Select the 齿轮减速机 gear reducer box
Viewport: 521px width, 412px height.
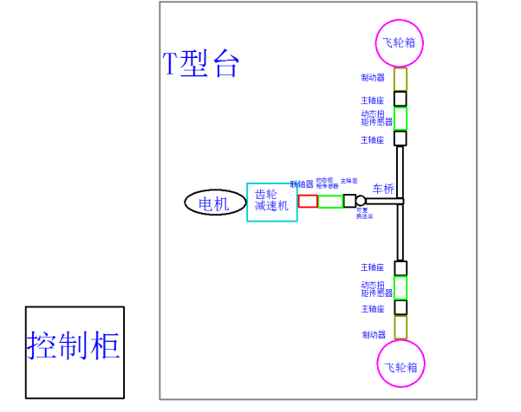click(x=272, y=202)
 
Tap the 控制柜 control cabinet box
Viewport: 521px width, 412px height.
click(x=75, y=351)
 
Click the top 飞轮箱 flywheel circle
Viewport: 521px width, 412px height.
click(x=400, y=42)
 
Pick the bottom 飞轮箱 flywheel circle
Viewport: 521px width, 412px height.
click(x=401, y=365)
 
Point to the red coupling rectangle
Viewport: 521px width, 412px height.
click(x=309, y=201)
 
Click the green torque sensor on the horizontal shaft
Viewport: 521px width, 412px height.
click(x=330, y=202)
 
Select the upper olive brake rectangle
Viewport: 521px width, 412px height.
click(x=401, y=79)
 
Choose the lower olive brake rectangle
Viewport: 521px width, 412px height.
click(x=401, y=327)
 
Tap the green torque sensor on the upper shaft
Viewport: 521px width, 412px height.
click(x=401, y=118)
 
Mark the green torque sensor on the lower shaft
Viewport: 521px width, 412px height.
click(x=401, y=287)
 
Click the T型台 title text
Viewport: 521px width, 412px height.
click(x=200, y=64)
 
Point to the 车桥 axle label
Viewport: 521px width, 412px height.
click(x=383, y=189)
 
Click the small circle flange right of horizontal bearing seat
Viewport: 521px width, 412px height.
click(x=361, y=201)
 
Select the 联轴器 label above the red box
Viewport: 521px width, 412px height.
click(x=302, y=184)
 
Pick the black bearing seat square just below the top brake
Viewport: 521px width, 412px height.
click(x=401, y=99)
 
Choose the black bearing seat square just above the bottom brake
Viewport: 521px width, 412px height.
click(x=401, y=307)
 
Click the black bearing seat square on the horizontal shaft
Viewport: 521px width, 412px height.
click(x=349, y=201)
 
